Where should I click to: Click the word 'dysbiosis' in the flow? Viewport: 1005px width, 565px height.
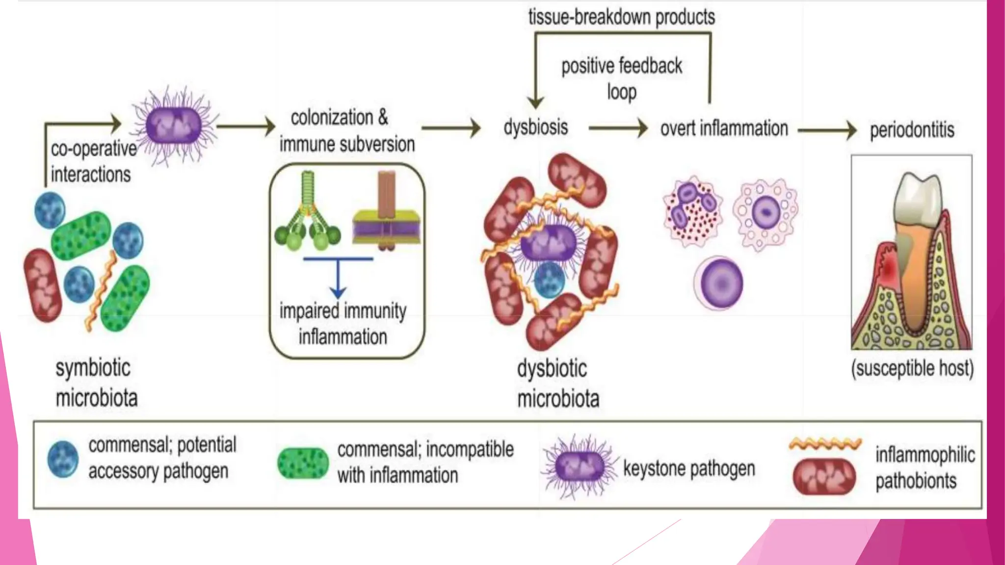click(535, 128)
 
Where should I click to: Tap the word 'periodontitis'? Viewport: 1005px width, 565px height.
click(912, 130)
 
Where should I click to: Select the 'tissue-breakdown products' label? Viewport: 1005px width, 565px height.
click(621, 17)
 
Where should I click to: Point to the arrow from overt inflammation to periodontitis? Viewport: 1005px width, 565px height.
click(827, 130)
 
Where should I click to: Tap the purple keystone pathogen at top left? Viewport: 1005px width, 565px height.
click(174, 126)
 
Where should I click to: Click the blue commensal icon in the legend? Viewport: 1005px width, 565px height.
click(63, 460)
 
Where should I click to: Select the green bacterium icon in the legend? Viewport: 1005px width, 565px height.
click(303, 463)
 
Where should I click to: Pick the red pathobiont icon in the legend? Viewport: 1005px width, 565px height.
click(824, 477)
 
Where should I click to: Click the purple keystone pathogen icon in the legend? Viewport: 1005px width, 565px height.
click(580, 466)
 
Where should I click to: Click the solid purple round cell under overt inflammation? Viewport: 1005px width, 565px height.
click(720, 283)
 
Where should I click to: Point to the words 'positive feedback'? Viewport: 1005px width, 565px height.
click(621, 66)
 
